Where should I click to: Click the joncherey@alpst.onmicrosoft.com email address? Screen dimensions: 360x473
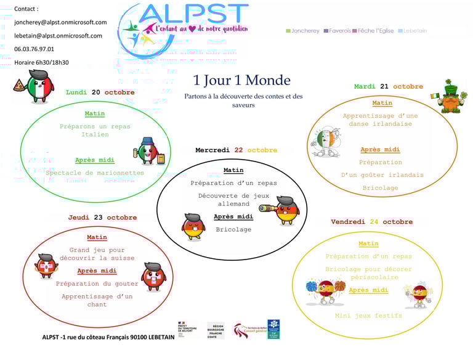point(60,22)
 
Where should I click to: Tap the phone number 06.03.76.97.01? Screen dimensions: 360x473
point(34,49)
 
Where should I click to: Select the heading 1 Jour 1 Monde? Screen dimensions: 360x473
point(241,80)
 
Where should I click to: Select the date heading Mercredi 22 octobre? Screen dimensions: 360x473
point(236,150)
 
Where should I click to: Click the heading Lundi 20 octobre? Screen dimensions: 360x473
point(100,92)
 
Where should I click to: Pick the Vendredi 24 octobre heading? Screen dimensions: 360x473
point(371,222)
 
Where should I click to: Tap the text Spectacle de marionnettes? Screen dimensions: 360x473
point(95,173)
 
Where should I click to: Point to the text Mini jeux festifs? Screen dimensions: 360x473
point(368,316)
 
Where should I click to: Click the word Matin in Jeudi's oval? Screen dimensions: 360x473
point(97,237)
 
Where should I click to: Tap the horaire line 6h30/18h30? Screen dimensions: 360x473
point(41,62)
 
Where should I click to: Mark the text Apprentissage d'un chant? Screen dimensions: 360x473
point(97,300)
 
